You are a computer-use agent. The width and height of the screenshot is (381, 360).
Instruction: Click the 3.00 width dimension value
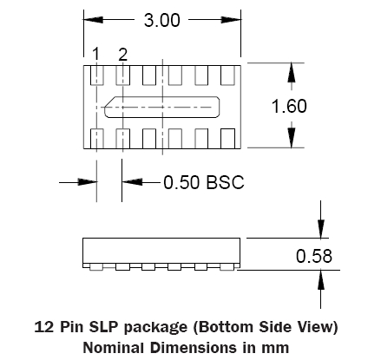pyautogui.click(x=162, y=20)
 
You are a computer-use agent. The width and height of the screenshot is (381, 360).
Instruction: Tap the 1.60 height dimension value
pyautogui.click(x=289, y=106)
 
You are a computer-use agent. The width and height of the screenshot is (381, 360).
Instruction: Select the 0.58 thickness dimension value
pyautogui.click(x=314, y=256)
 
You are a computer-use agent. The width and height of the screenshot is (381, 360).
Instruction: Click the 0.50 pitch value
pyautogui.click(x=181, y=182)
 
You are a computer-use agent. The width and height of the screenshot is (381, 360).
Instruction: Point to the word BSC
pyautogui.click(x=225, y=182)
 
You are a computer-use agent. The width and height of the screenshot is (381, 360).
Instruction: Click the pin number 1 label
pyautogui.click(x=95, y=55)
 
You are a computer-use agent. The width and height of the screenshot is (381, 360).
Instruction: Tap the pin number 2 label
pyautogui.click(x=122, y=55)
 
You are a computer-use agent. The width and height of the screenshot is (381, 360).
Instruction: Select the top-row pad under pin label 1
pyautogui.click(x=97, y=75)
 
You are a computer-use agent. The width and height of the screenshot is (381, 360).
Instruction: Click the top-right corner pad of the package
pyautogui.click(x=227, y=75)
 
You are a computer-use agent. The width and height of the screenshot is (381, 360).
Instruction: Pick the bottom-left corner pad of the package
pyautogui.click(x=97, y=139)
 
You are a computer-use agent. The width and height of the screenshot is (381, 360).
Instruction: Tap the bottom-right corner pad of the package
pyautogui.click(x=227, y=139)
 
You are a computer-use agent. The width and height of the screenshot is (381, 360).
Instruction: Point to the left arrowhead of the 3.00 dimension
pyautogui.click(x=93, y=20)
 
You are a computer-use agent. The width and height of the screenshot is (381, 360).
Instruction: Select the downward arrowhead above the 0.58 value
pyautogui.click(x=321, y=229)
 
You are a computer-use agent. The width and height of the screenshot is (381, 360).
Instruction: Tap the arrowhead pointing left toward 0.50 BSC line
pyautogui.click(x=132, y=182)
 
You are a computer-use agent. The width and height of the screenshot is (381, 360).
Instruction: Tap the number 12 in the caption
pyautogui.click(x=43, y=327)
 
